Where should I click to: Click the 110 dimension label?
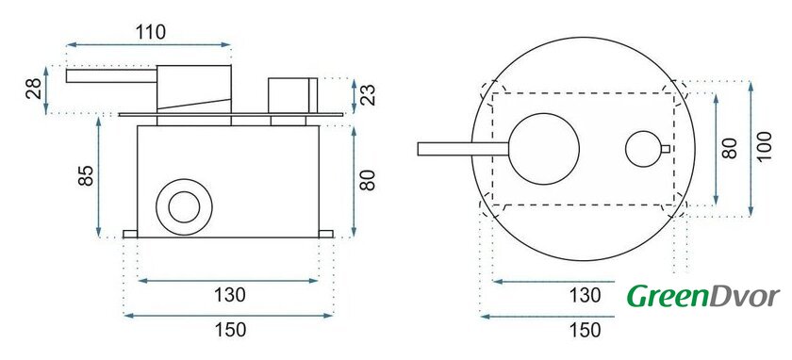[x=150, y=32]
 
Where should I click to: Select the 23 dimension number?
[x=370, y=95]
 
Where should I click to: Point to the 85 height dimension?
[x=87, y=175]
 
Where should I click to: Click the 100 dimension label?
[x=765, y=146]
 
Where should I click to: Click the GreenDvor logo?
[x=703, y=296]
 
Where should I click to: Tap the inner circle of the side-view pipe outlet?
[x=185, y=207]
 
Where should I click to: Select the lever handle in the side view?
[x=111, y=75]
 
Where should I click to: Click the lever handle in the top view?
[x=463, y=149]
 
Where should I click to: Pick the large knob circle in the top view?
[x=543, y=149]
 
